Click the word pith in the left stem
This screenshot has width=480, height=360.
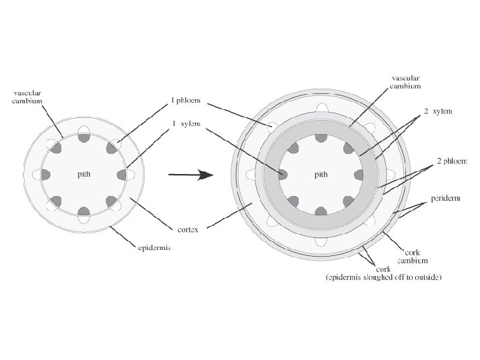(x=84, y=175)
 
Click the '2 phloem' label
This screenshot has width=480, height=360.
(x=448, y=161)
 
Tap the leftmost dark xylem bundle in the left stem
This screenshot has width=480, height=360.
(x=45, y=175)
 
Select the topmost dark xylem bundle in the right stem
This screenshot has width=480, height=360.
(x=321, y=137)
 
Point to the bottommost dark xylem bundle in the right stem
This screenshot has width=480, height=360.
(x=321, y=212)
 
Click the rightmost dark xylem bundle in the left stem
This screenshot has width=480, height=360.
(x=122, y=175)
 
